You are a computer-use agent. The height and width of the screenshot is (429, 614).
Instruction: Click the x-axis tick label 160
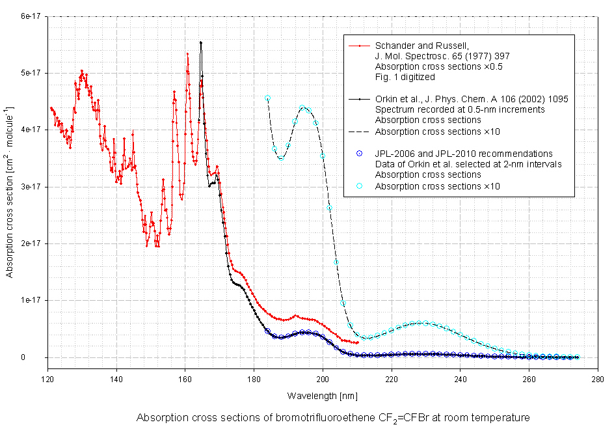[185, 378]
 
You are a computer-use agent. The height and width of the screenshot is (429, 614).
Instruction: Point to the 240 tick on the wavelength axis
[460, 378]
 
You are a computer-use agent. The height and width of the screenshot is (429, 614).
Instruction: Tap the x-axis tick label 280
[597, 378]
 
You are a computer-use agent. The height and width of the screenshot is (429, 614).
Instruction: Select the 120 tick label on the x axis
[47, 378]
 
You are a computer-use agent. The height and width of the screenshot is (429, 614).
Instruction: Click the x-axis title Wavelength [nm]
[322, 395]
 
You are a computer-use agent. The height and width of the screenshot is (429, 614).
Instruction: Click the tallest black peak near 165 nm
[201, 43]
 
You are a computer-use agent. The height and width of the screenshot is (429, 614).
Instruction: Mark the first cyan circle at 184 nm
[267, 98]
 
